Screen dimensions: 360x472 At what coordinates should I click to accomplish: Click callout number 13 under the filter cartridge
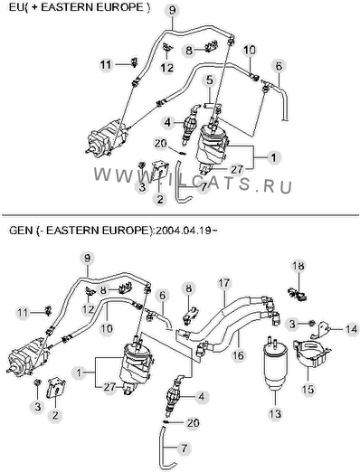point(275,413)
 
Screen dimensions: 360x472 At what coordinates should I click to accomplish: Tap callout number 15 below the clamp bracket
point(308,389)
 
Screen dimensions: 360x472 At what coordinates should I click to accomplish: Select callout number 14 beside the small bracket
point(351,329)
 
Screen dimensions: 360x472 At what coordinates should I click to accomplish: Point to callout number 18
point(298,266)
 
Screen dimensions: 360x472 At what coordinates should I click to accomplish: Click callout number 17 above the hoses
point(224,284)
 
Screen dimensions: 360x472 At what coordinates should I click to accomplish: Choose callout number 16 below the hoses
point(238,355)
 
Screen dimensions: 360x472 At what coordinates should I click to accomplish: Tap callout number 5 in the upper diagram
point(210,80)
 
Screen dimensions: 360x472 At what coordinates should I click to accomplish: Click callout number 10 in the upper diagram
point(250,50)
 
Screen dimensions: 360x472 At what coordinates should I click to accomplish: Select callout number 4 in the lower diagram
point(202,397)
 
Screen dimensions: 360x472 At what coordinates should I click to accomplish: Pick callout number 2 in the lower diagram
point(55,416)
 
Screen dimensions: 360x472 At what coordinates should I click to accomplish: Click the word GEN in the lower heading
point(21,231)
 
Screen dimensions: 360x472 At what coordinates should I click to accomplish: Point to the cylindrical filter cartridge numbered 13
point(275,365)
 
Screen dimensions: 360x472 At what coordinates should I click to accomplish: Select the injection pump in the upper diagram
point(107,137)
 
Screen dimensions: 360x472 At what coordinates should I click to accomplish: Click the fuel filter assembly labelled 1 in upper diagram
point(212,147)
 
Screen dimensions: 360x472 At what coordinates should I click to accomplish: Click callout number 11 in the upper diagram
point(106,65)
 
